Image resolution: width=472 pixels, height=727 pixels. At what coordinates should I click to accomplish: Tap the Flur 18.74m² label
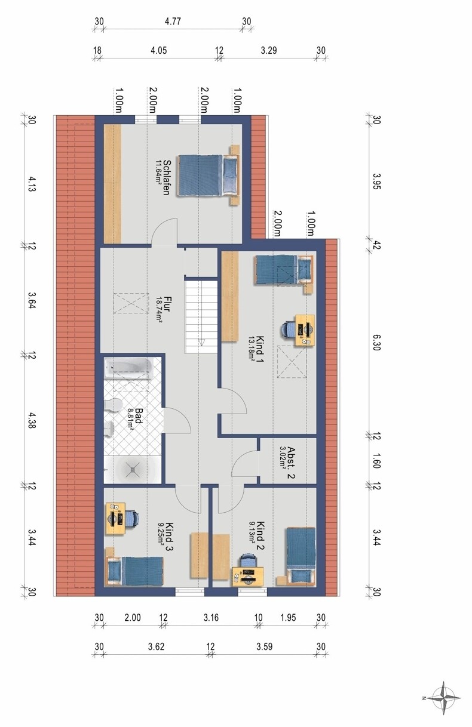tap(163, 310)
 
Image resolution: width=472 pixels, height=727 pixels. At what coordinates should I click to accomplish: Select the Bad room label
tap(134, 420)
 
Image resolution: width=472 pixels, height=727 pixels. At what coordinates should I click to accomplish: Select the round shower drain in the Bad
tap(133, 470)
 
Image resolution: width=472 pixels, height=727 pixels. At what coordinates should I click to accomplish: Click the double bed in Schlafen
tap(208, 175)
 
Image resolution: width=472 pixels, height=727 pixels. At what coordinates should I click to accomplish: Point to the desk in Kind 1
tap(305, 330)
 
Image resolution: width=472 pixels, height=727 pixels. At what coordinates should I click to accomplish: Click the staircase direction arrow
tap(202, 341)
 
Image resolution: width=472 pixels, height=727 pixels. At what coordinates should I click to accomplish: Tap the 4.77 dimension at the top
tap(173, 21)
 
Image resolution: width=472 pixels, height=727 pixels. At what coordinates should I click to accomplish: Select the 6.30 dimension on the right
tap(376, 343)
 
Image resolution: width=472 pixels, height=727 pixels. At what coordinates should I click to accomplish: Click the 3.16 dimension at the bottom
tap(211, 617)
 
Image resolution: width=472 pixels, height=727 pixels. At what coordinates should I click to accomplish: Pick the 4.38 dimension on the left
tap(32, 420)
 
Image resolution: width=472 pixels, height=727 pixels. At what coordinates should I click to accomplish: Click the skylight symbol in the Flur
tap(131, 303)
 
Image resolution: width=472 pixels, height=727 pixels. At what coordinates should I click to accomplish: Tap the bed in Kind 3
tap(134, 571)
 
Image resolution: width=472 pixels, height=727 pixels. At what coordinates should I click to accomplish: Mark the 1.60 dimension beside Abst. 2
tap(376, 461)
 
